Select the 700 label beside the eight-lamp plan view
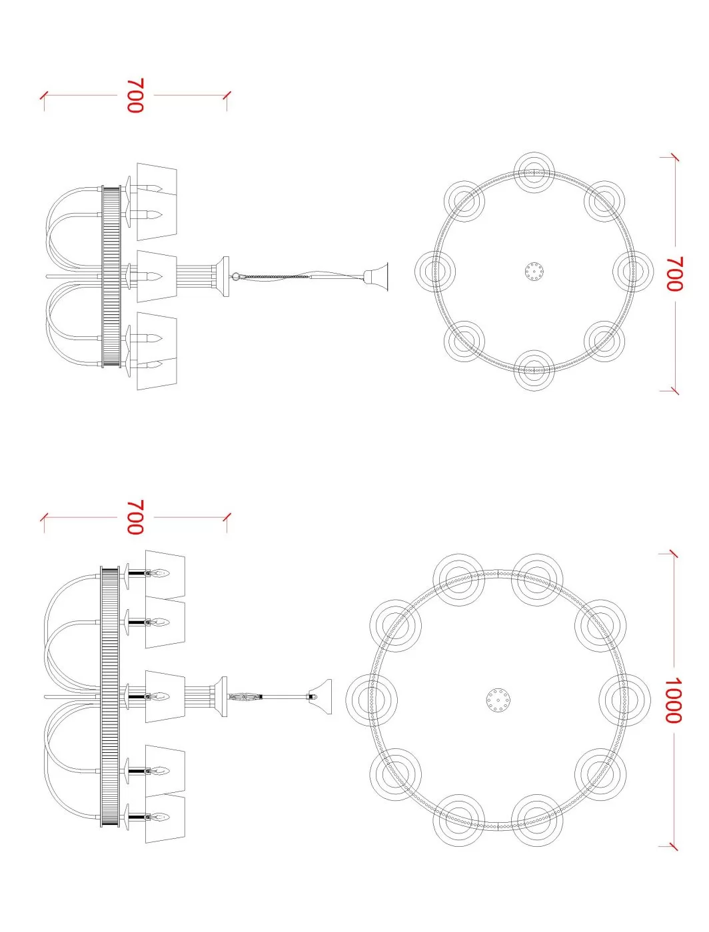pos(674,274)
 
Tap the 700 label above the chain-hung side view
pos(135,95)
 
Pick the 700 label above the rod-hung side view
pos(135,517)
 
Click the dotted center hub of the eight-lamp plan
pos(534,272)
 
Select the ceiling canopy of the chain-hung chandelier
pos(376,277)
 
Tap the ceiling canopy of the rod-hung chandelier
pos(319,697)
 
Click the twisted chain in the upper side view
pos(273,276)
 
